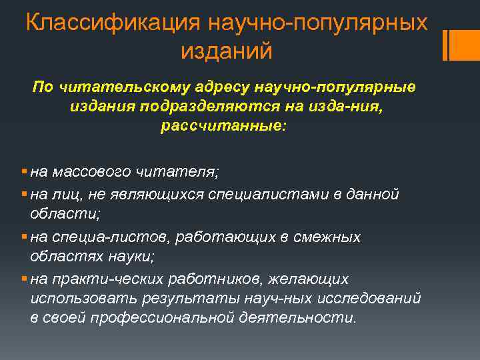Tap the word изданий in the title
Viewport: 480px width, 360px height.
(x=227, y=49)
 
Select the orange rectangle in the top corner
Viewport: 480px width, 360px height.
(x=459, y=44)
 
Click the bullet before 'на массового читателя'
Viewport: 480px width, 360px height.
(x=24, y=172)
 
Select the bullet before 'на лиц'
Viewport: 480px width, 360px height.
(x=24, y=194)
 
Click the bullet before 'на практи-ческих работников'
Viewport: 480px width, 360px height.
(x=24, y=279)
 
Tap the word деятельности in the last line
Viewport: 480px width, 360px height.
(x=303, y=318)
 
